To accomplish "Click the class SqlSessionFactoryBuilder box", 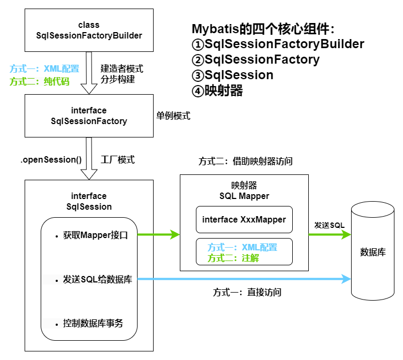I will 88,30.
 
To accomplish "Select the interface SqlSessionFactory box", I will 88,116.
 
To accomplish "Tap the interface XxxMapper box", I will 244,219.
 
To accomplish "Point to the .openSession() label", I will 51,159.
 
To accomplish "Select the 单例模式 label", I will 173,116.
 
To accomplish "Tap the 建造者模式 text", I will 122,69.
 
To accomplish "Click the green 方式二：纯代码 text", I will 40,81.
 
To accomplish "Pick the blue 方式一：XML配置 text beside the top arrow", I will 44,68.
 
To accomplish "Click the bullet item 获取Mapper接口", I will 95,234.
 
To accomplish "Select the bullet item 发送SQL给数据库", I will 97,279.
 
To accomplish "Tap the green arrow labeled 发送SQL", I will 329,234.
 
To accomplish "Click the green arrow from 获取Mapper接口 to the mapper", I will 158,234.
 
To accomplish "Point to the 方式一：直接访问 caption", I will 247,293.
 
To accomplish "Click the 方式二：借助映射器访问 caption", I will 246,160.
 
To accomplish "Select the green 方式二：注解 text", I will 233,258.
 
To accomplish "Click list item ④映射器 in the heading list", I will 217,91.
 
